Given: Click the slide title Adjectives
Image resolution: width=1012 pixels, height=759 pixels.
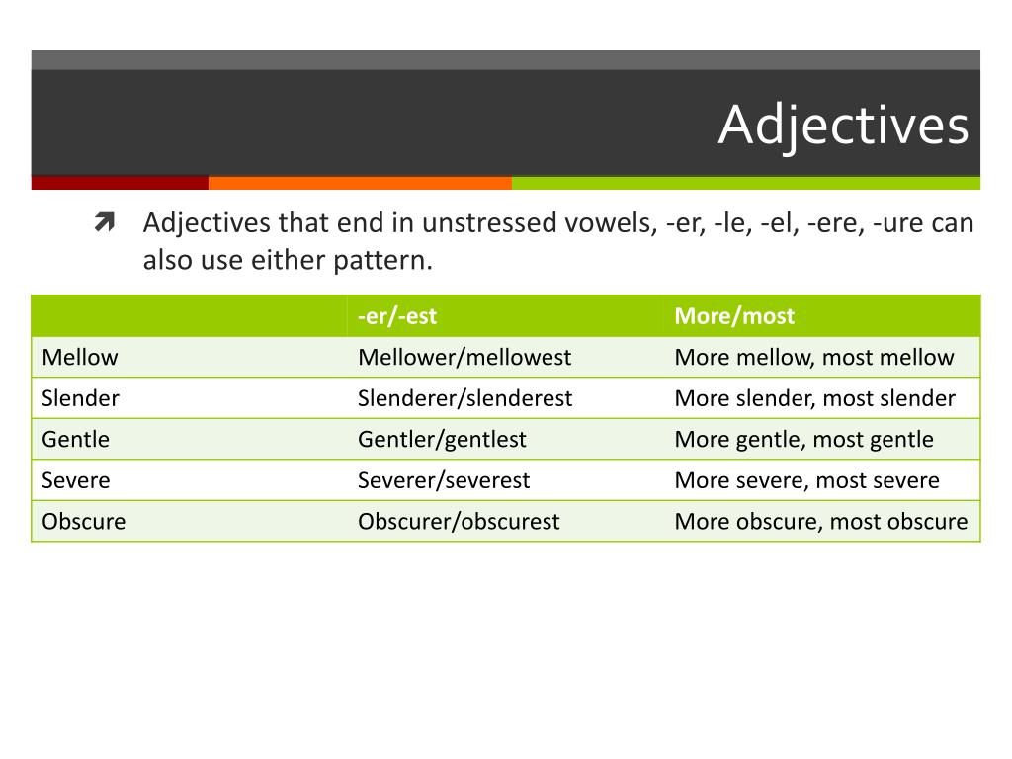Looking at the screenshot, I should coord(843,126).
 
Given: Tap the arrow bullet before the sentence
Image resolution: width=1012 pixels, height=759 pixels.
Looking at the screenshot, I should coord(105,223).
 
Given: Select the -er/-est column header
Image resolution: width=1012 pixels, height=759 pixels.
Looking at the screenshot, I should coord(397,316).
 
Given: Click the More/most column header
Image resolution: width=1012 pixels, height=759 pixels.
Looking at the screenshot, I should coord(733,316).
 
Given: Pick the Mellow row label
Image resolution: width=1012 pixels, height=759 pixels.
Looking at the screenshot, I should coord(79,357).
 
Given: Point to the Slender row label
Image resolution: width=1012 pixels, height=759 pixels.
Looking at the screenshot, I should coord(80,398).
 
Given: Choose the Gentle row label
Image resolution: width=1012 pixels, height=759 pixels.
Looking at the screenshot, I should coord(75,439).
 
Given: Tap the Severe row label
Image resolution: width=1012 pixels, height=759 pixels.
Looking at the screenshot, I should coord(75,480).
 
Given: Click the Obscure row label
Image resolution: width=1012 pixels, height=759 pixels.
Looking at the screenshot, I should coord(83,521).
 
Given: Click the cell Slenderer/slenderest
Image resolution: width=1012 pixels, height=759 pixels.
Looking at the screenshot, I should coord(464,398).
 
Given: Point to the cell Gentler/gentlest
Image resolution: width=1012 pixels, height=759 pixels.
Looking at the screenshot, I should coord(442,439).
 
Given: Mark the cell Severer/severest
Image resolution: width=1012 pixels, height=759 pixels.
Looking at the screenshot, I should coord(444,480).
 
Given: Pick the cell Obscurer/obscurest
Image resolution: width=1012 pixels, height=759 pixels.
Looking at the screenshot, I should coord(459,521).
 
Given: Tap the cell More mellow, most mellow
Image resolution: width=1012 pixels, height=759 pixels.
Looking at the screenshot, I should coord(813,357).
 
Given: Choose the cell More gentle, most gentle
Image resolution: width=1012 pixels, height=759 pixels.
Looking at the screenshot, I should coord(803,439).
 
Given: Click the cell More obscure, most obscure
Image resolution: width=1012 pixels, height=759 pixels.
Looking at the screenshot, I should coord(820,521).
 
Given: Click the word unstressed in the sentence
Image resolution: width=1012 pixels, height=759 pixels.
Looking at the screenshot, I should coord(488,223).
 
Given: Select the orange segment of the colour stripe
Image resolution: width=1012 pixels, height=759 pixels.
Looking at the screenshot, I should coord(360,183).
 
